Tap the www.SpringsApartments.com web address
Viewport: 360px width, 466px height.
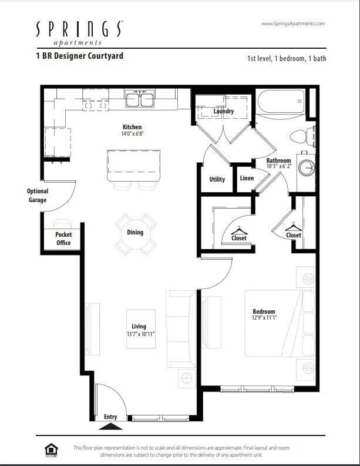pyautogui.click(x=292, y=24)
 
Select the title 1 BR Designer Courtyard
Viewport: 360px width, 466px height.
pyautogui.click(x=79, y=56)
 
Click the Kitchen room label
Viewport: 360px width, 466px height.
pyautogui.click(x=132, y=127)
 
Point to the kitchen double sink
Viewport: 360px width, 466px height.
pyautogui.click(x=140, y=99)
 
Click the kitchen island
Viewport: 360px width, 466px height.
pyautogui.click(x=133, y=166)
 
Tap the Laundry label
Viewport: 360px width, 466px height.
pyautogui.click(x=224, y=111)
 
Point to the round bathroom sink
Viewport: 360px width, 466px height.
pyautogui.click(x=307, y=167)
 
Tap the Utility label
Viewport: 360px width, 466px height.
pyautogui.click(x=217, y=179)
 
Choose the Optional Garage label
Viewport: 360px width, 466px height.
pyautogui.click(x=38, y=196)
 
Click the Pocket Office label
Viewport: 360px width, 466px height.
pyautogui.click(x=63, y=239)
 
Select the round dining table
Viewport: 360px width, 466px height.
pyautogui.click(x=136, y=234)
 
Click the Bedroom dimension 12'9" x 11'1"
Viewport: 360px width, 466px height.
pyautogui.click(x=264, y=318)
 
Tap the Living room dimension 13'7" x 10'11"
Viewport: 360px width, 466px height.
pyautogui.click(x=139, y=334)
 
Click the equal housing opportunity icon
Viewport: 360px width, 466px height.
pyautogui.click(x=51, y=449)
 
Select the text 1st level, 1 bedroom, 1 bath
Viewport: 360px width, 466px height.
pyautogui.click(x=286, y=58)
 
